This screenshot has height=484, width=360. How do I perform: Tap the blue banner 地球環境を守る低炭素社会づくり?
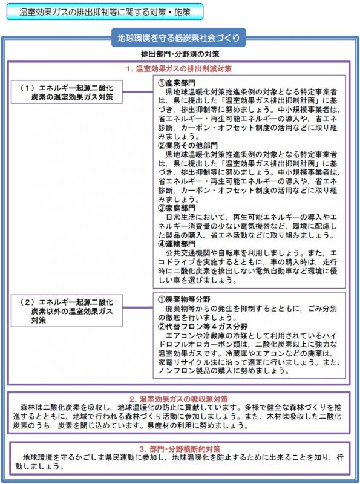(179, 38)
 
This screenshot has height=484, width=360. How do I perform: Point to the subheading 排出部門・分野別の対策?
(179, 54)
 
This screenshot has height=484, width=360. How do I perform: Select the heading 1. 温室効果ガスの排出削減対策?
(179, 68)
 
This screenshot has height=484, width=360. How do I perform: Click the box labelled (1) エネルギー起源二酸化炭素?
(71, 92)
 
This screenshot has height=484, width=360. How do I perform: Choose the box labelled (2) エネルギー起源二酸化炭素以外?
(71, 310)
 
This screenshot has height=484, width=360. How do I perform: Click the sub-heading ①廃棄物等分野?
(185, 299)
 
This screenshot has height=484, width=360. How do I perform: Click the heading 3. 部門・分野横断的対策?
(179, 450)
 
